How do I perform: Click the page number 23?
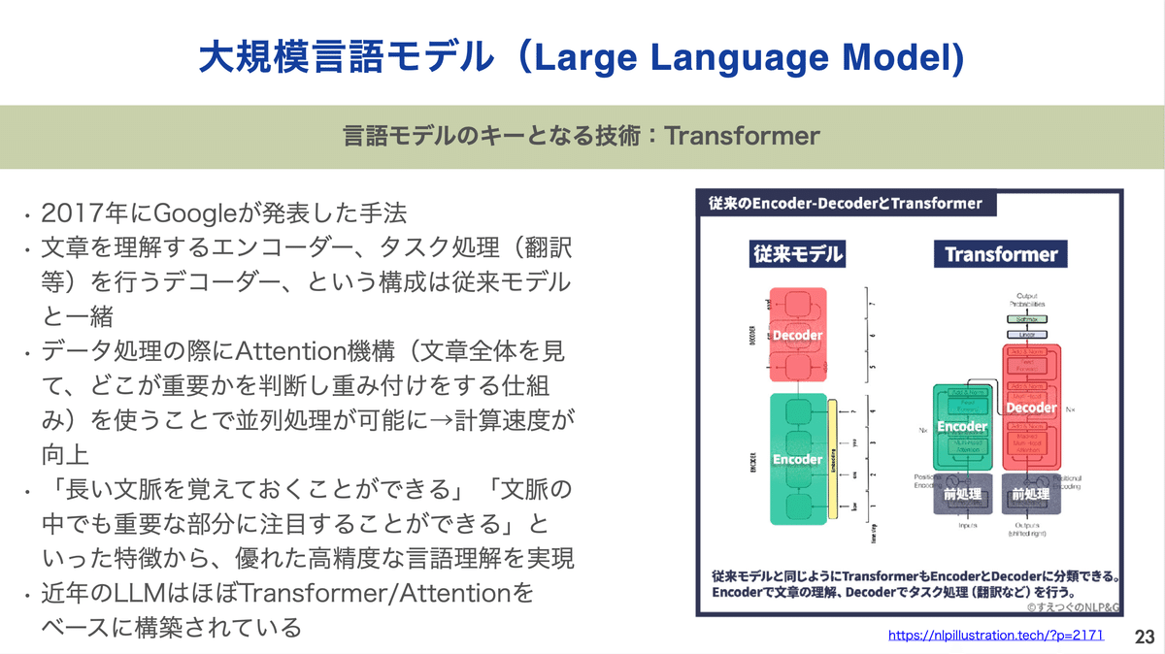[1144, 637]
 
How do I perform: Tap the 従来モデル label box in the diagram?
[797, 254]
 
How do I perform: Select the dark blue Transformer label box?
[1000, 254]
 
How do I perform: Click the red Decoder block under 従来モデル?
[797, 336]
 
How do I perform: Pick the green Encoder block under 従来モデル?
[797, 458]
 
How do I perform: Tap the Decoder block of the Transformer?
[1031, 409]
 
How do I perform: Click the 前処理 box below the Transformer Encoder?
[962, 495]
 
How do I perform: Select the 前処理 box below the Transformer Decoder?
[1031, 495]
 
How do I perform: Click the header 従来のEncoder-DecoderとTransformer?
[845, 204]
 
